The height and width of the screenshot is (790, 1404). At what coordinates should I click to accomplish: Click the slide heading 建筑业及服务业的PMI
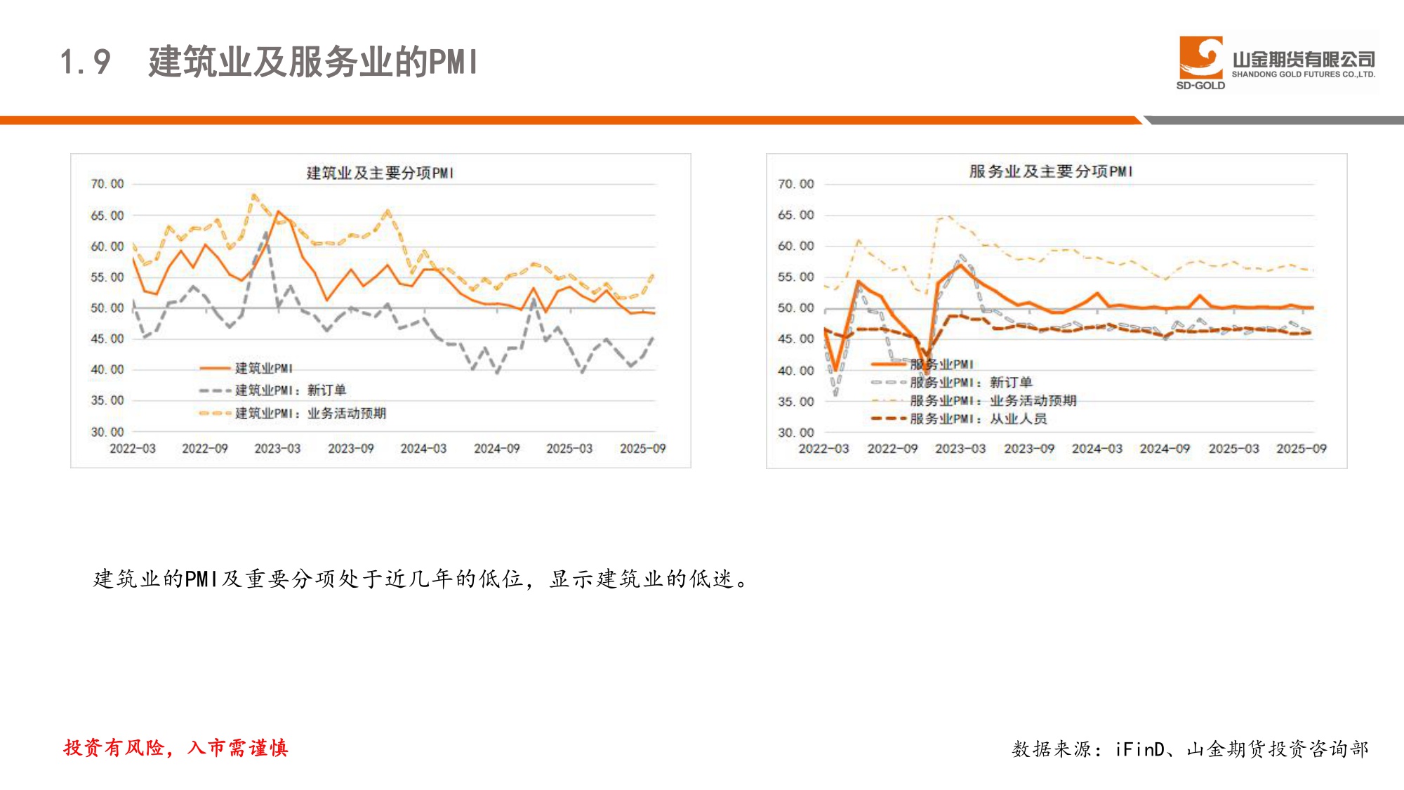[x=313, y=62]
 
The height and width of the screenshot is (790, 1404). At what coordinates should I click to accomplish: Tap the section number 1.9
[x=85, y=62]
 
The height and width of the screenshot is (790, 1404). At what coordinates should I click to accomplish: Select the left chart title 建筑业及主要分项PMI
[x=380, y=173]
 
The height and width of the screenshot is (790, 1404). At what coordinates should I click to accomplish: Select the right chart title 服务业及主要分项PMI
[x=1050, y=171]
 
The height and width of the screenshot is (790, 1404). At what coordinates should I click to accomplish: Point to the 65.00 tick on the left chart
[x=107, y=216]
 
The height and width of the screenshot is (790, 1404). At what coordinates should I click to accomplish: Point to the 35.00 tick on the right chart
[x=795, y=402]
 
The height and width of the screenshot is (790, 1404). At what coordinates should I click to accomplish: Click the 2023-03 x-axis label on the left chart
[x=277, y=448]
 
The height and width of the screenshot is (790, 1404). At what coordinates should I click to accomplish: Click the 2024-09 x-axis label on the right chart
[x=1165, y=448]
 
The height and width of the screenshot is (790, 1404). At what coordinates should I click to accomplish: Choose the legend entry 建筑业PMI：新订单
[x=290, y=390]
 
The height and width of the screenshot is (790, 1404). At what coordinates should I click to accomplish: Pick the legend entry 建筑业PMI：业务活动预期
[x=310, y=413]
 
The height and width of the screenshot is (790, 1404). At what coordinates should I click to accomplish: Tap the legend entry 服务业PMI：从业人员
[x=978, y=419]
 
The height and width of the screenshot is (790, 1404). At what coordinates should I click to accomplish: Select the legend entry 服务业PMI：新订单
[x=971, y=383]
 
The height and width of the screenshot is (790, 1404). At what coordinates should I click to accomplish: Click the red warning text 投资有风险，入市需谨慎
[x=175, y=748]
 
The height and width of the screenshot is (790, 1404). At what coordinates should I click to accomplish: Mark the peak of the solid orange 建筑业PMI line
[x=278, y=211]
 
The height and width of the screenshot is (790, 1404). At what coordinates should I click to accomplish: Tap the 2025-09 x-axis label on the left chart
[x=642, y=448]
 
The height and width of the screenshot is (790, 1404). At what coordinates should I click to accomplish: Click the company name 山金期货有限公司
[x=1303, y=60]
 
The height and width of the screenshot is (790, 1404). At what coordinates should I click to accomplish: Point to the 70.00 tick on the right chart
[x=795, y=184]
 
